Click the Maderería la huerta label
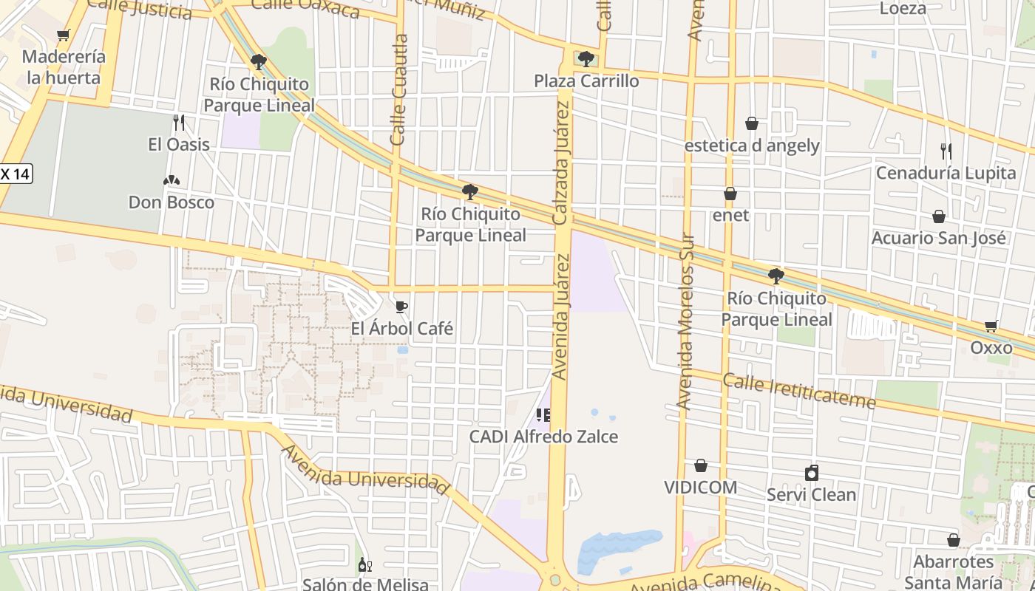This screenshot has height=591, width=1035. coord(64,66)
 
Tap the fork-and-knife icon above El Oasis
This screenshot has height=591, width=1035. coord(178,122)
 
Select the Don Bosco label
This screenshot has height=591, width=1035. coord(172,202)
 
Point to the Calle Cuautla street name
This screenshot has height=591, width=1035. coord(399,90)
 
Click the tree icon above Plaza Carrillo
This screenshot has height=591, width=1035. coord(586,58)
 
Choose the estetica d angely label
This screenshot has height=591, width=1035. coord(752,145)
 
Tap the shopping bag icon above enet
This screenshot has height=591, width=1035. coord(730,194)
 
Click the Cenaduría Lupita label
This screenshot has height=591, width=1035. coord(946,173)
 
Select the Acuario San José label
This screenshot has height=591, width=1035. coord(938,238)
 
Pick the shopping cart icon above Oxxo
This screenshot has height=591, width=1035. coord(991,326)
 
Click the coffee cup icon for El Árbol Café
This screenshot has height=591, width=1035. coord(401,307)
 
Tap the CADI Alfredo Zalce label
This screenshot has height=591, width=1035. coord(543,437)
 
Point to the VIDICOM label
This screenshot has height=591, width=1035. coord(700,487)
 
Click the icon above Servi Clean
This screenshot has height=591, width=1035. coord(812,473)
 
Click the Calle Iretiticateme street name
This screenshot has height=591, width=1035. coord(798,392)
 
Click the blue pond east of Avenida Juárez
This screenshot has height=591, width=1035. coord(618,547)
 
